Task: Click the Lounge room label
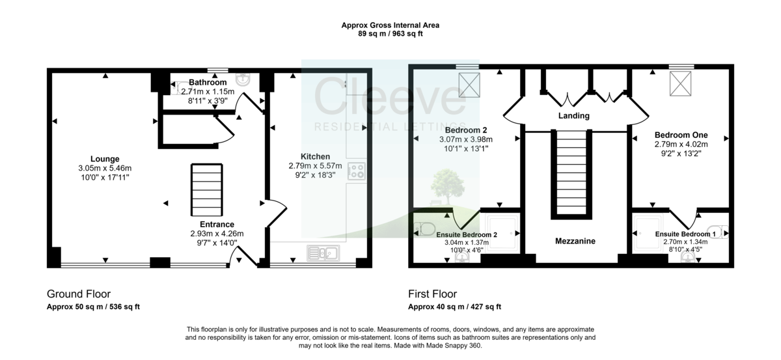(x=105, y=158)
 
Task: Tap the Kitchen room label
(x=315, y=156)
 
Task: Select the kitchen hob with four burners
(x=356, y=171)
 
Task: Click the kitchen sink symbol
(x=322, y=252)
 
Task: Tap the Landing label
(x=573, y=116)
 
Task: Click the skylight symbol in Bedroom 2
(x=468, y=83)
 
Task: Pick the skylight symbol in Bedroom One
(x=681, y=83)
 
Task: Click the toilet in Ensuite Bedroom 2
(x=426, y=229)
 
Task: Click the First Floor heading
(x=432, y=294)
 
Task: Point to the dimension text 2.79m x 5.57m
(x=315, y=166)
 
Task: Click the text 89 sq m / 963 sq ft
(x=390, y=34)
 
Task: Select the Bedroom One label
(x=681, y=135)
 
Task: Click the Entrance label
(x=212, y=225)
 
